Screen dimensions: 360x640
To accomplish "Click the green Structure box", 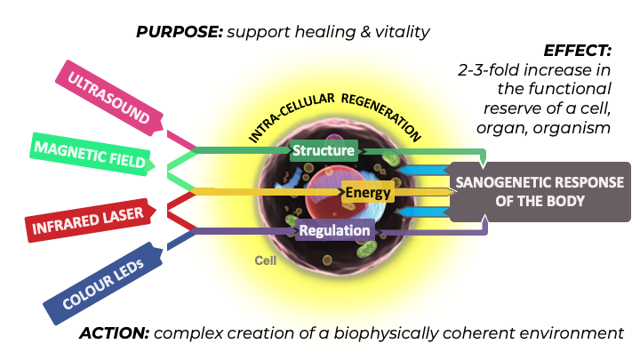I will click(x=324, y=150).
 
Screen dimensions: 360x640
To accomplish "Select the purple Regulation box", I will click(x=334, y=230).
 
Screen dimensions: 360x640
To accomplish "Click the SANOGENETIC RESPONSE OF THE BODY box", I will click(x=539, y=191).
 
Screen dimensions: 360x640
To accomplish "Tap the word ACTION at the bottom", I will click(x=114, y=333).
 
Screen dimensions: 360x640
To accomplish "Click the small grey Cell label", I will click(x=266, y=261).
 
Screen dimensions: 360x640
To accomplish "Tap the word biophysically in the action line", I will click(x=377, y=333).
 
